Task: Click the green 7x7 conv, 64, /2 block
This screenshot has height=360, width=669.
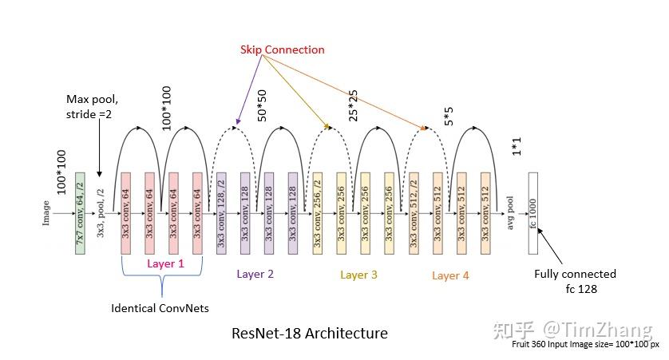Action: coord(80,212)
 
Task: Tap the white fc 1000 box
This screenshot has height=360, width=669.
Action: coord(533,212)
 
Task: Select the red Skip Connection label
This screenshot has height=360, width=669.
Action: coord(283,49)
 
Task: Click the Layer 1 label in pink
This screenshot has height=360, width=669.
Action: coord(165,263)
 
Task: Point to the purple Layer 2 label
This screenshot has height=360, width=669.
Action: coord(255,274)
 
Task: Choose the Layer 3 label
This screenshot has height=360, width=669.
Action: coord(358,275)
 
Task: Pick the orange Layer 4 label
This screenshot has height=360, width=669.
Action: coord(451,275)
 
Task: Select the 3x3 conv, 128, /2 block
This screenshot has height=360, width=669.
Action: coord(221,212)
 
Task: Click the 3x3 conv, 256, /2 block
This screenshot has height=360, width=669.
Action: coord(317,212)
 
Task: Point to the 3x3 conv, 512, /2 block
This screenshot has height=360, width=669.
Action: coord(414,212)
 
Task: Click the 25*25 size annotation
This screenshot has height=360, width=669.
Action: coord(353,104)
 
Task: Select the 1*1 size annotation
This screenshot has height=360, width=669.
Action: coord(515,148)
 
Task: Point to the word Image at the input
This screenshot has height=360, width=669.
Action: coord(46,212)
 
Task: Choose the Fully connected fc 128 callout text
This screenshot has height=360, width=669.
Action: coord(575,281)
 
